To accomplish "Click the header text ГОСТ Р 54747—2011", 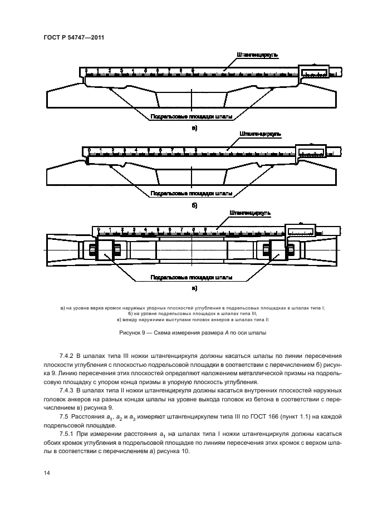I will tap(73, 37).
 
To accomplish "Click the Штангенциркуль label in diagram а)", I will tap(257, 55).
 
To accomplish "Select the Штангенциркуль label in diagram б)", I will tap(259, 134).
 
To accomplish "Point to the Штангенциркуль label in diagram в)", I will tap(250, 213).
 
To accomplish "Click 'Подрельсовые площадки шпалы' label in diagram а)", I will tap(191, 117).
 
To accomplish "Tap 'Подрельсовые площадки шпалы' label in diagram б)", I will tap(191, 194).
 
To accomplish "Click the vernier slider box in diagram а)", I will tap(315, 72).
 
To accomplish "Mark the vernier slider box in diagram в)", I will tap(300, 230).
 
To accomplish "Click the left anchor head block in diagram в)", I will tap(105, 248).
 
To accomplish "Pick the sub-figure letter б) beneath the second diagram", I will tap(194, 205).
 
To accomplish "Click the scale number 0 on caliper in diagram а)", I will tap(86, 70).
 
